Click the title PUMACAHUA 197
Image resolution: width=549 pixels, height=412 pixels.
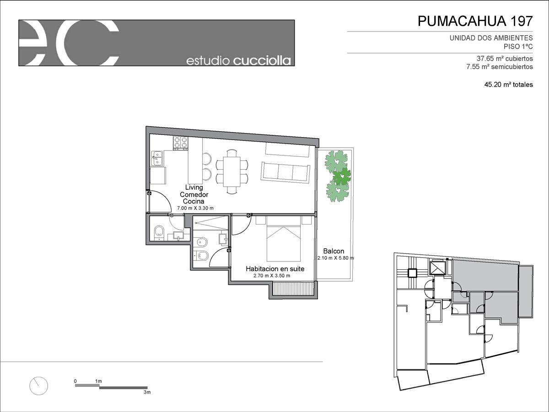pyautogui.click(x=475, y=21)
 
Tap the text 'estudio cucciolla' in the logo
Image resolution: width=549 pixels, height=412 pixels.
pyautogui.click(x=239, y=61)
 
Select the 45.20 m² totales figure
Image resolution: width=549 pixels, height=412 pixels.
pyautogui.click(x=508, y=85)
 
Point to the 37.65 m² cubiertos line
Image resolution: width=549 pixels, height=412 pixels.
pyautogui.click(x=505, y=59)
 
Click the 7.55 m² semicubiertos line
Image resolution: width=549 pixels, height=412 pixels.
pyautogui.click(x=500, y=67)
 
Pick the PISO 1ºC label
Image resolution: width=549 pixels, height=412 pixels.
pyautogui.click(x=518, y=47)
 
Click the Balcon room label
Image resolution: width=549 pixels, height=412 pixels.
pyautogui.click(x=334, y=251)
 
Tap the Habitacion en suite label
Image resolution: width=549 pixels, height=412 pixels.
pyautogui.click(x=275, y=269)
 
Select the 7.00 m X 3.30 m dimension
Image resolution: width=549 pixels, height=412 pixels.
pyautogui.click(x=195, y=208)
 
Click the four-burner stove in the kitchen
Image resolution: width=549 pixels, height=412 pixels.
pyautogui.click(x=180, y=143)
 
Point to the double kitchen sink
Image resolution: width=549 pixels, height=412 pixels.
pyautogui.click(x=157, y=158)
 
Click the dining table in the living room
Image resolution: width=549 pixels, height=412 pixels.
pyautogui.click(x=232, y=171)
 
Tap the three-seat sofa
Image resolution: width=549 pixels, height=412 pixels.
pyautogui.click(x=285, y=172)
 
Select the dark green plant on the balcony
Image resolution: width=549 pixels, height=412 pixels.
pyautogui.click(x=342, y=177)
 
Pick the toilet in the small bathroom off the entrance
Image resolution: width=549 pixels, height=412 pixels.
pyautogui.click(x=159, y=231)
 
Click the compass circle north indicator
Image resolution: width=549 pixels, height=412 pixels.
pyautogui.click(x=38, y=386)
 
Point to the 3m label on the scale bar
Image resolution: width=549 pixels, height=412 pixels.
pyautogui.click(x=147, y=392)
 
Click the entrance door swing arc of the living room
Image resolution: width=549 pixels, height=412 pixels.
pyautogui.click(x=165, y=198)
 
